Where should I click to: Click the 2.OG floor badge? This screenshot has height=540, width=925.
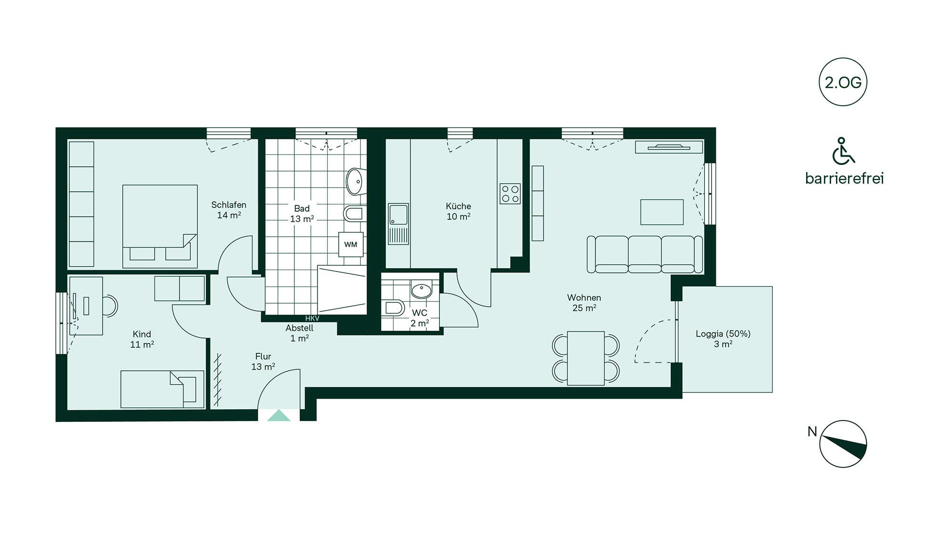click(x=843, y=82)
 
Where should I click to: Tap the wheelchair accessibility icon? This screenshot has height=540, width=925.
click(x=843, y=150)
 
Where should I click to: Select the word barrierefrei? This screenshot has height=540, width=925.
click(x=845, y=178)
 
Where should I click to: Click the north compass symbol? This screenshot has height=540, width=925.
click(x=843, y=444)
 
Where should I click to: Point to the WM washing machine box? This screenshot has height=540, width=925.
click(x=351, y=244)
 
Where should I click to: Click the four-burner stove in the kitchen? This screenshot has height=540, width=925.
click(x=510, y=194)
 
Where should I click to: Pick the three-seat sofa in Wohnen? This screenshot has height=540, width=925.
click(x=645, y=255)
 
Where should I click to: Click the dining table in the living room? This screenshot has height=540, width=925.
click(x=586, y=358)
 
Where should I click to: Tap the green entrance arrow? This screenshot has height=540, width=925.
click(x=279, y=415)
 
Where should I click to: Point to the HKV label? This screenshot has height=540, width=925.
click(x=312, y=319)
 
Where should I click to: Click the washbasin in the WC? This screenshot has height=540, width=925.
click(x=422, y=291)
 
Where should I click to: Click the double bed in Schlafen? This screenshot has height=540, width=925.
click(x=160, y=226)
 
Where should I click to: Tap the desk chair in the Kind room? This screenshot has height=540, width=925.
click(x=110, y=306)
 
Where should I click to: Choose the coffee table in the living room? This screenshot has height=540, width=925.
click(x=662, y=212)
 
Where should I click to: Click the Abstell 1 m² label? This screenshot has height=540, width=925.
click(x=299, y=333)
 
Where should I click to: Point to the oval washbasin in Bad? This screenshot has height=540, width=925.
click(x=355, y=181)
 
